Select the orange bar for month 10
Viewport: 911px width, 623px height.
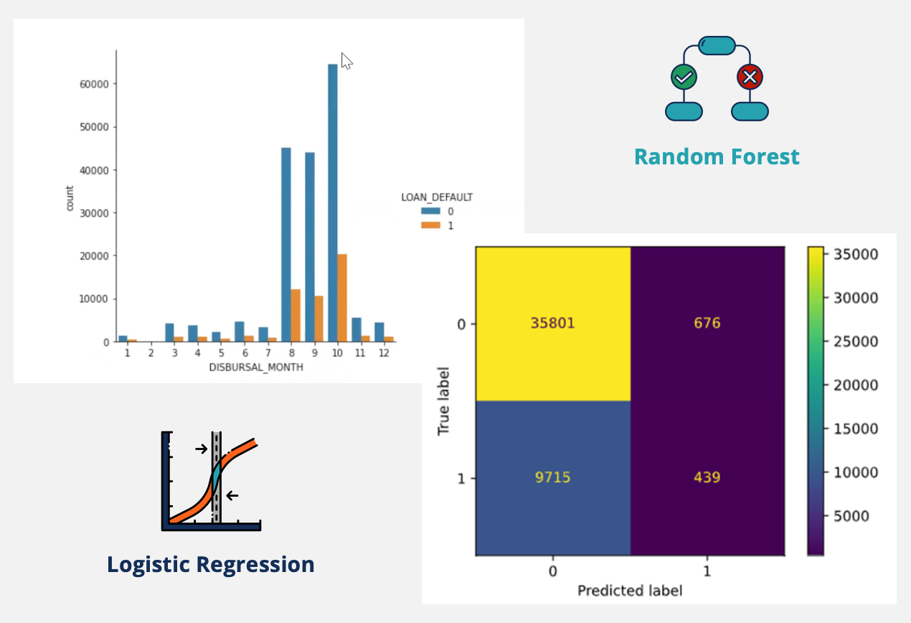click(x=342, y=298)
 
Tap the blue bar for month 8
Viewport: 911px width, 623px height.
click(x=286, y=245)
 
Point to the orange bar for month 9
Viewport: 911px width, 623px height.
click(x=319, y=319)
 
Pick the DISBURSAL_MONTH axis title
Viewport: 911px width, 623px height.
click(x=256, y=367)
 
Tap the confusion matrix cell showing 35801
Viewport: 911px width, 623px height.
click(x=553, y=324)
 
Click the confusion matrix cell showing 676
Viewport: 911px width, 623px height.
click(x=707, y=324)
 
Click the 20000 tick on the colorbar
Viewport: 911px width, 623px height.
click(x=853, y=385)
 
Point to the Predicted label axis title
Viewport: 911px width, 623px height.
click(x=630, y=591)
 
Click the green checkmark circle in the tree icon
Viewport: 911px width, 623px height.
click(x=684, y=76)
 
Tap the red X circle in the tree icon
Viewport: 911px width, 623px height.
click(x=750, y=76)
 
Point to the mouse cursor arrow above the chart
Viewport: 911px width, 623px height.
click(x=346, y=61)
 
